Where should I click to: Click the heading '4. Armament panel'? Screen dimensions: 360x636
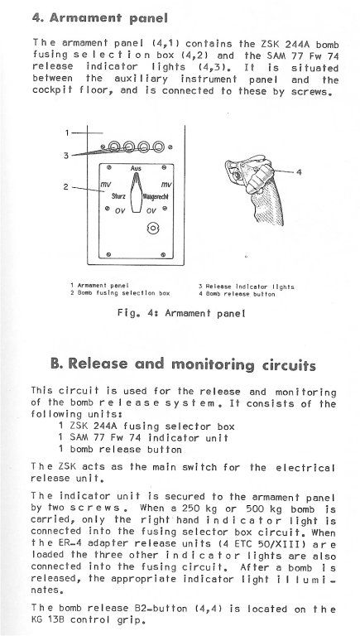pos(100,18)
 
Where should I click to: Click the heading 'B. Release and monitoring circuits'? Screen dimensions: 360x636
pos(183,364)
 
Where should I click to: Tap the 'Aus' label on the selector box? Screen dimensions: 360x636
pos(137,168)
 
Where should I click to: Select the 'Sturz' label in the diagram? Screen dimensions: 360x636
pos(119,196)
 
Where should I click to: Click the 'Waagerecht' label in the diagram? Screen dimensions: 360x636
pos(156,196)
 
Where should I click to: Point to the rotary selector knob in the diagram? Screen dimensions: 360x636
pos(137,192)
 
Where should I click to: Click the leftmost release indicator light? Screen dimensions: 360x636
pos(114,146)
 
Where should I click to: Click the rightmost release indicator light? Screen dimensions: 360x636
pos(159,146)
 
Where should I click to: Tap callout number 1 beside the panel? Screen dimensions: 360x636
pos(68,132)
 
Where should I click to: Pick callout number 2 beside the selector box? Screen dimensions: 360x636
pos(66,187)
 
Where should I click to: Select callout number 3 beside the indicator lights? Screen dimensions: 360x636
pos(66,156)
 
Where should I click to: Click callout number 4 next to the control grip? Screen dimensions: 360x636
pos(299,172)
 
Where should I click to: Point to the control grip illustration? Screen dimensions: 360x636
pos(256,190)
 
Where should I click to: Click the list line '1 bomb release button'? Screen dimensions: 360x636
pos(120,450)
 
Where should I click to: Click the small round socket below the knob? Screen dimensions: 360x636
pos(152,229)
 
